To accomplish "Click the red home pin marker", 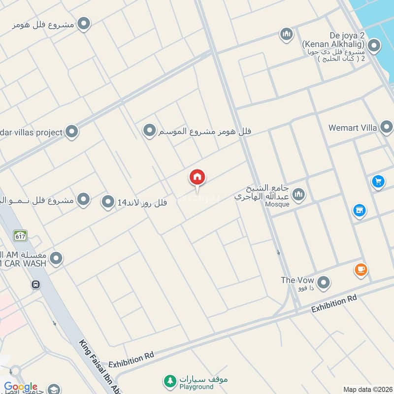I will click(x=197, y=177).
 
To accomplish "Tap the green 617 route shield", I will click(x=20, y=235).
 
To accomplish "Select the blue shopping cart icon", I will click(x=378, y=182).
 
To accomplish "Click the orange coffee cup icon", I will click(x=361, y=270).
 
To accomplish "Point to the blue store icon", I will click(x=360, y=211).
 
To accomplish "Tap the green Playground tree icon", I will click(x=170, y=381).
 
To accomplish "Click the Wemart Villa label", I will click(x=353, y=128).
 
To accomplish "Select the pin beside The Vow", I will click(x=323, y=283).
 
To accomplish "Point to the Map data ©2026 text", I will click(x=367, y=390).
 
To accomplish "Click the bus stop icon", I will click(x=35, y=285).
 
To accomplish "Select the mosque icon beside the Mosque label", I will click(x=298, y=196).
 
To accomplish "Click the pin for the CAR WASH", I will click(x=57, y=258).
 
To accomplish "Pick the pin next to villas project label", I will click(x=72, y=132).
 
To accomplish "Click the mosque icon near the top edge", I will click(x=286, y=34).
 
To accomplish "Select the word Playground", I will click(x=196, y=387).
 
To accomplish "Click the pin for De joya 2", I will click(x=374, y=47).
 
